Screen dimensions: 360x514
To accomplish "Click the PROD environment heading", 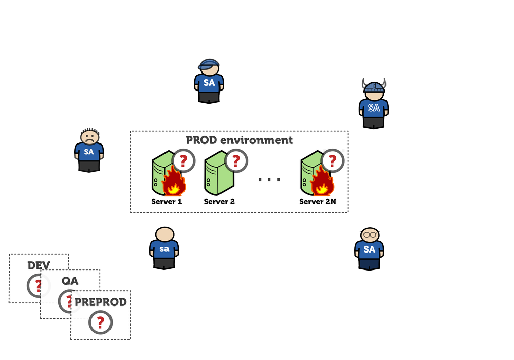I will tap(239, 140).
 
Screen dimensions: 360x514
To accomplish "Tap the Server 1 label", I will tap(167, 201).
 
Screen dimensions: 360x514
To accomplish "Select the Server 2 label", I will tap(219, 201).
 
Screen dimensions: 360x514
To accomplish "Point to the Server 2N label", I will tap(318, 201).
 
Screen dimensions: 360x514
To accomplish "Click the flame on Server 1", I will tap(174, 183).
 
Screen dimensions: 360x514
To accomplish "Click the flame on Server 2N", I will tap(323, 183).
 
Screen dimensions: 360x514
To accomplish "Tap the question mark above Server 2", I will tap(235, 161).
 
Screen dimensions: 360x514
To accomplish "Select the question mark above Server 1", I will tap(183, 161).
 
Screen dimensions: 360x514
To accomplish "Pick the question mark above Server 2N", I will tap(332, 161).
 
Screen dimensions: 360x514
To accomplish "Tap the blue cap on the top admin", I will tap(209, 64).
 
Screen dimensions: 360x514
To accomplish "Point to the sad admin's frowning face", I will tap(89, 136).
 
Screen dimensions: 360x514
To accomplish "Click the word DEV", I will tap(39, 266).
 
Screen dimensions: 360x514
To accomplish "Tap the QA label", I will tap(70, 281).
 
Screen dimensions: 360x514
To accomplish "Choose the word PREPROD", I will tap(101, 302).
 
